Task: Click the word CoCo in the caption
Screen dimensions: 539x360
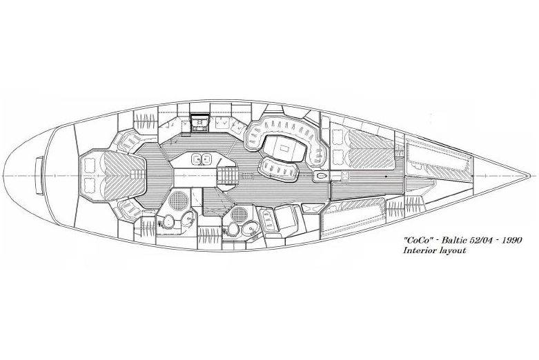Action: point(417,240)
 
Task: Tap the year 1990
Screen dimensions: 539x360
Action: point(512,240)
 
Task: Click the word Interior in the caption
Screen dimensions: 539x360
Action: point(420,250)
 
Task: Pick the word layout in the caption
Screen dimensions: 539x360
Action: point(453,250)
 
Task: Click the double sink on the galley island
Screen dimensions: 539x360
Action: point(202,159)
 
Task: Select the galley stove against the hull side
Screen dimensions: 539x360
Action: point(199,123)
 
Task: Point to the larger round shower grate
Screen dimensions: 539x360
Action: point(178,200)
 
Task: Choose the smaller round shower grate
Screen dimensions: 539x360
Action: point(239,214)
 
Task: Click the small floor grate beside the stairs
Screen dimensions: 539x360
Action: point(247,176)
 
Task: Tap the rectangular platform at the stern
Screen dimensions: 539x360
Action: point(40,176)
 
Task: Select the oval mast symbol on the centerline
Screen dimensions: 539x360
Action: point(321,176)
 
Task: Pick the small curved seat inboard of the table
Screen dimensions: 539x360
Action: point(279,170)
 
